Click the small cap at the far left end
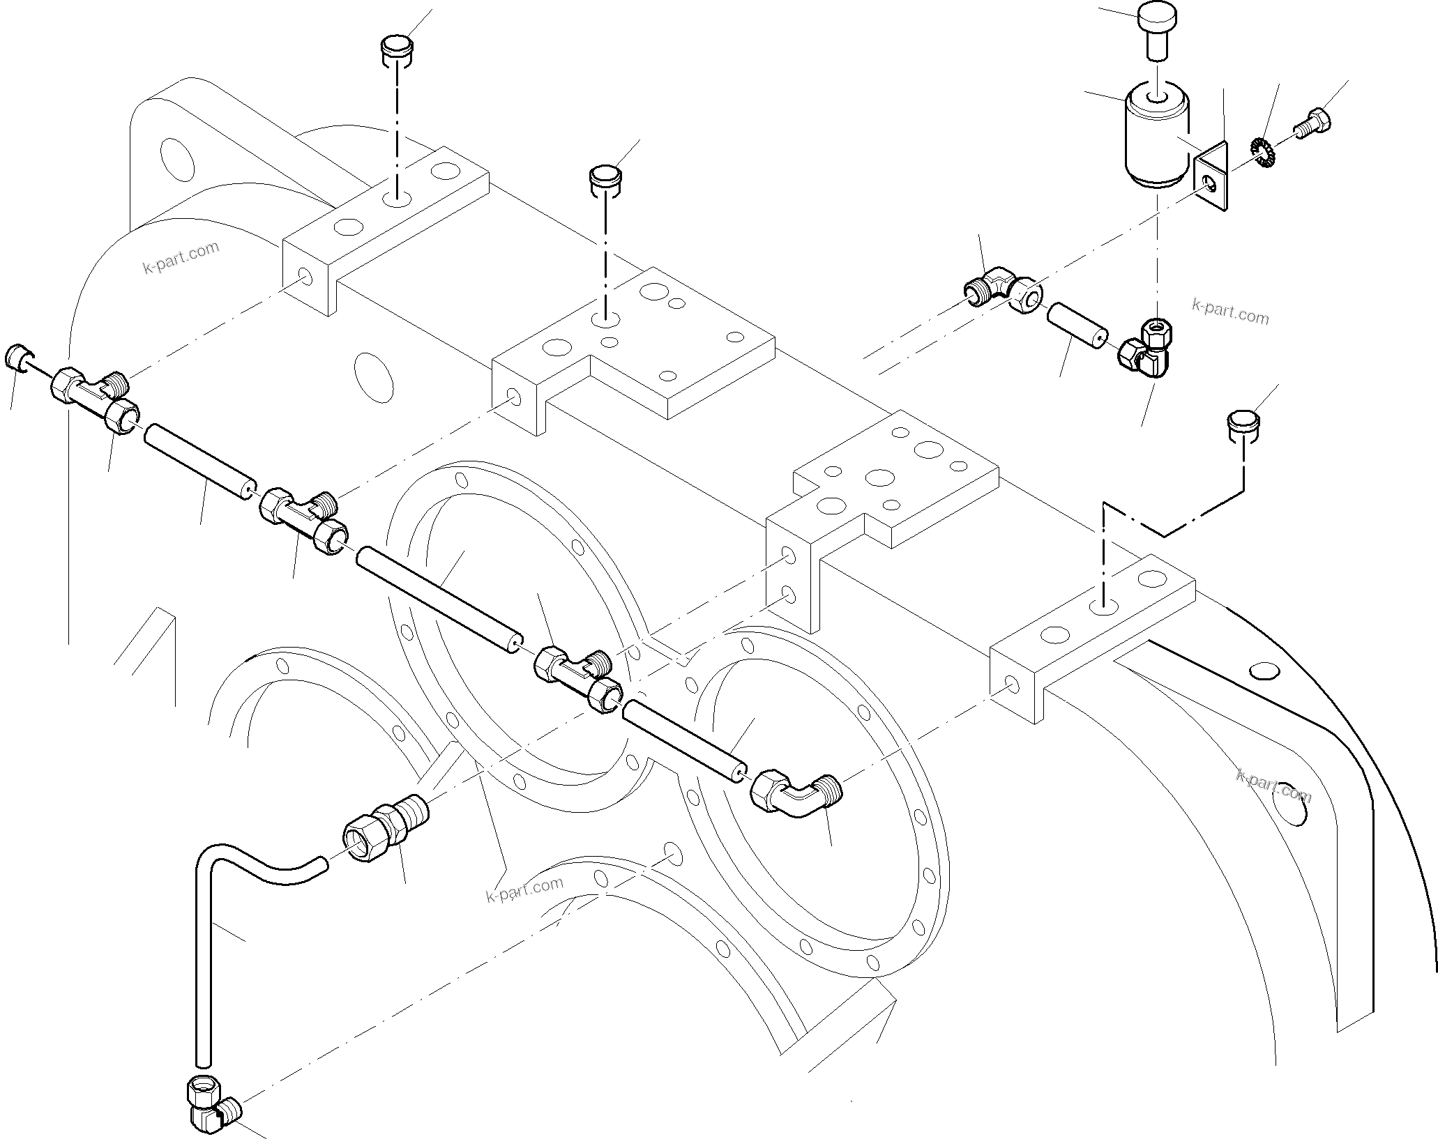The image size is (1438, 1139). (x=17, y=358)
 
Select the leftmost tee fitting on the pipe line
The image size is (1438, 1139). (x=91, y=397)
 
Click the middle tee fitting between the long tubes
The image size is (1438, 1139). (x=301, y=516)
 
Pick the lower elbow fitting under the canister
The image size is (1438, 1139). (x=1144, y=349)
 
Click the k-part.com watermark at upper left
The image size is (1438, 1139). (x=181, y=258)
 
